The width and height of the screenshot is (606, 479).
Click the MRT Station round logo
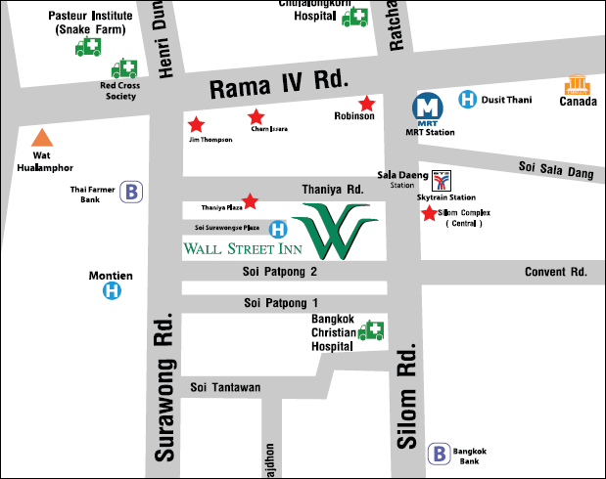coord(426,105)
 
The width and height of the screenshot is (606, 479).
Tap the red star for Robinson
coord(367,103)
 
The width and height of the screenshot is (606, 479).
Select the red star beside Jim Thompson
coord(196,125)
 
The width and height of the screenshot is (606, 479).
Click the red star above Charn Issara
coord(256,116)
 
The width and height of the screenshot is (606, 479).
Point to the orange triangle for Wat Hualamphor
coord(41,138)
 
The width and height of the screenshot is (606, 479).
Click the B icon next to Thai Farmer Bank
coord(131,192)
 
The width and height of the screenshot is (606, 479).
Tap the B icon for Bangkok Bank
coord(440,454)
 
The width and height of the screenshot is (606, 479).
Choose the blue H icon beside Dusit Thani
coord(468,99)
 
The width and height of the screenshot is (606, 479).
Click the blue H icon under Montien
coord(114,290)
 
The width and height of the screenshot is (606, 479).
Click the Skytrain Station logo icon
coord(443,181)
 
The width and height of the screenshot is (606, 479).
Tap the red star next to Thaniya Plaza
coord(251,201)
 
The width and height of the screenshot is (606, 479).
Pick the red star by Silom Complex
coord(429,213)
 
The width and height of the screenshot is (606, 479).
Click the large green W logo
coord(338,231)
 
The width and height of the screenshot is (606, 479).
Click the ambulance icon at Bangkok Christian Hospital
coord(371,331)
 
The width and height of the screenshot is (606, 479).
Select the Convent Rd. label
coord(555,272)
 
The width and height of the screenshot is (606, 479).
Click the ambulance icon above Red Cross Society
coord(124,68)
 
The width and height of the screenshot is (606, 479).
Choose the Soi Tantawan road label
coord(225,387)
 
